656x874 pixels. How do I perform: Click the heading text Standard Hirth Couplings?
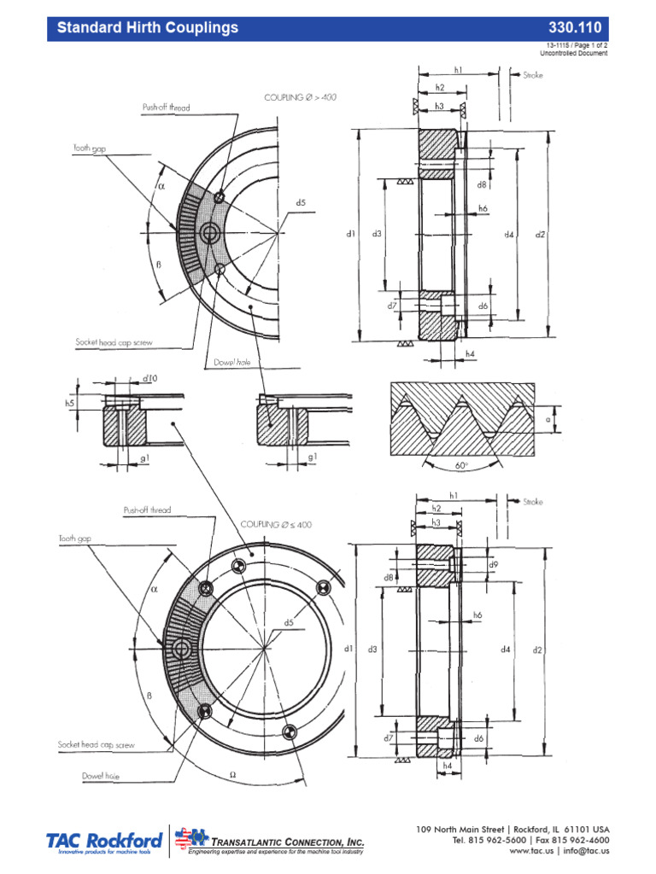coord(147,28)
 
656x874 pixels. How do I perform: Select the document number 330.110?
coord(584,28)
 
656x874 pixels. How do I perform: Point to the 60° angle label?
coord(461,467)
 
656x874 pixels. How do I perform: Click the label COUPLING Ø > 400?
coord(301,98)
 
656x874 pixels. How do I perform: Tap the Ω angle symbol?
coord(232,774)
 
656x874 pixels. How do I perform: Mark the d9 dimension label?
coord(493,565)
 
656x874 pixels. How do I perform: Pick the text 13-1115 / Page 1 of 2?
coord(577,45)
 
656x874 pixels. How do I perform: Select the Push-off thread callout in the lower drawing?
coord(147,510)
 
